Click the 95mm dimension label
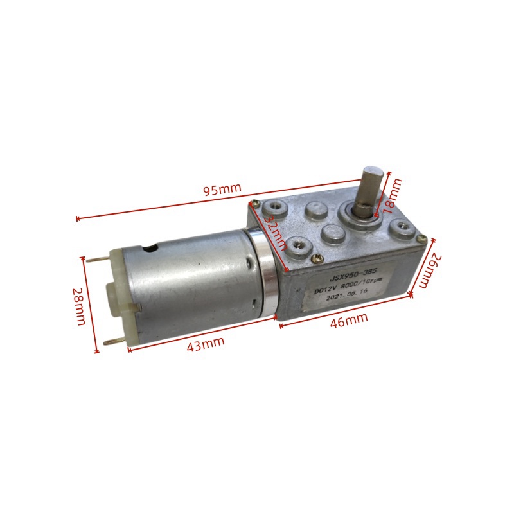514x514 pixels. coord(222,190)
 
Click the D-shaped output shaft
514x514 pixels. coord(373,186)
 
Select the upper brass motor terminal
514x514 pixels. coord(93,258)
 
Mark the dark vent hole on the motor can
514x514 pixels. coord(152,247)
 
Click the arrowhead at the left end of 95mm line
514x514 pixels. coord(78,218)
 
